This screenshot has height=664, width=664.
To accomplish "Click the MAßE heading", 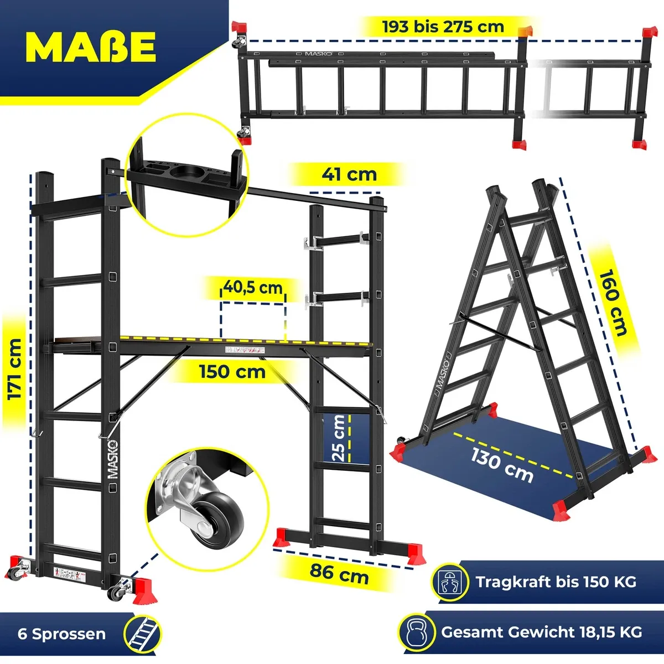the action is pos(91,47).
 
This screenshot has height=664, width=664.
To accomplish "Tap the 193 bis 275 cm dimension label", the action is pos(443,27).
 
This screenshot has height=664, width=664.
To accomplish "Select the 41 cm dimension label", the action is pos(349,174).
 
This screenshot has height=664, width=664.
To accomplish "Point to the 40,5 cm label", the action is pos(253,287).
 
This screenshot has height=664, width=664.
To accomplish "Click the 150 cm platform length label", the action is pos(232,372).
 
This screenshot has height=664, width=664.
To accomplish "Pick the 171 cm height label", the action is pos(15,370).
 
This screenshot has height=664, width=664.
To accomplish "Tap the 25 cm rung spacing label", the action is pos(339,438).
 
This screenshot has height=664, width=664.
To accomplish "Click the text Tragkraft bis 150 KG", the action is pos(556,582).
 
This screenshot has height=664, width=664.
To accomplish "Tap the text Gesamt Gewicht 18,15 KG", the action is pos(542,632).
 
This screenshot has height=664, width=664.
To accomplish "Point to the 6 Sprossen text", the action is pos(61,634).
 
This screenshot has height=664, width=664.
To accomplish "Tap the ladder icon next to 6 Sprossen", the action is pos(143,634).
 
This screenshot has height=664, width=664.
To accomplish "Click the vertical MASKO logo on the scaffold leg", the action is pos(113,460).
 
